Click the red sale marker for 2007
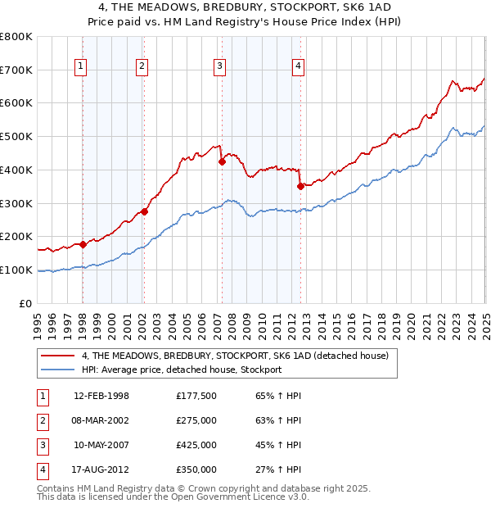(222, 162)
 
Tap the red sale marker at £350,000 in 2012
(300, 186)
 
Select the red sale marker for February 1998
(83, 244)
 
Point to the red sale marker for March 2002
(144, 211)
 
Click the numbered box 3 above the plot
(220, 67)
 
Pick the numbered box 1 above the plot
(82, 67)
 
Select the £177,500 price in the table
(196, 396)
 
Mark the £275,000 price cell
(196, 420)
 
